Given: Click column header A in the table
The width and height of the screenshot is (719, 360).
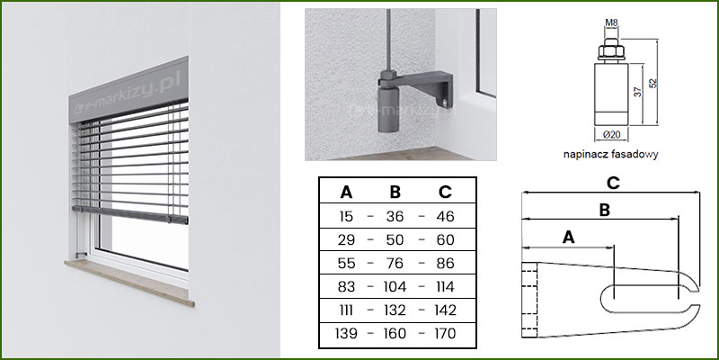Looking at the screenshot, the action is tap(346, 193).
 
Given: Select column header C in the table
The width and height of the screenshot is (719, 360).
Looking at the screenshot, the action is tap(445, 193).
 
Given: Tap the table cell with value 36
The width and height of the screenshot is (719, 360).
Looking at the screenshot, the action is tap(395, 216).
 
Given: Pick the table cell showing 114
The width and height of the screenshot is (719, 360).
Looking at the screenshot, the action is tap(444, 287).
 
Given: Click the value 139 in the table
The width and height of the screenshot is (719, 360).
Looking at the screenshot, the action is tap(346, 334).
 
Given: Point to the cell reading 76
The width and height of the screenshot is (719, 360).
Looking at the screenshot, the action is tap(395, 264).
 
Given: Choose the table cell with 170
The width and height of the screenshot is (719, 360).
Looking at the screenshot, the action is tap(444, 334).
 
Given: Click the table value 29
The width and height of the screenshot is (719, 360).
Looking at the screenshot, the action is tap(346, 239).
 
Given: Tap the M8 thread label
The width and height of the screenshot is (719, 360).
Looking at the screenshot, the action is tap(611, 22).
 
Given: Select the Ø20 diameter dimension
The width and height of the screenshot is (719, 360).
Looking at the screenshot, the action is tap(611, 134).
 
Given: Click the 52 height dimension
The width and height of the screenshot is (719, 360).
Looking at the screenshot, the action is tap(653, 83).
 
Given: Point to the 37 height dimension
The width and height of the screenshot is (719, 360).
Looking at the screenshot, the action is tap(637, 92).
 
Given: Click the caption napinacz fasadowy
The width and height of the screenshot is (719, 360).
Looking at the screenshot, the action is tap(611, 154).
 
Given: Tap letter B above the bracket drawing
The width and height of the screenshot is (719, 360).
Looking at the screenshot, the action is tap(605, 211).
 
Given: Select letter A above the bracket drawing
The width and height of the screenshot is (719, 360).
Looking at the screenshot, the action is tap(568, 238).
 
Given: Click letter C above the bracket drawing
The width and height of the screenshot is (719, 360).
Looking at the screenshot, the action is tap(613, 183).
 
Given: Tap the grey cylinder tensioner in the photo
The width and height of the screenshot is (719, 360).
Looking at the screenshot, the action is tap(388, 110).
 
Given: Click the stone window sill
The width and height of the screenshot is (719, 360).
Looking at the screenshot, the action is tap(129, 282).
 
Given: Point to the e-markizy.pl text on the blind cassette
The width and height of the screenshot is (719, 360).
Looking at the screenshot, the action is tap(129, 93).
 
